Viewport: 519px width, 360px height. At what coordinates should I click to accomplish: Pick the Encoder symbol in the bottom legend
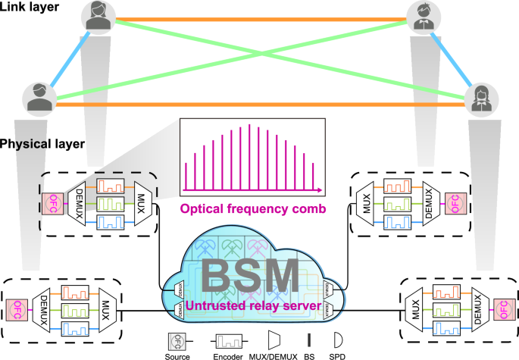click(227, 339)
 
